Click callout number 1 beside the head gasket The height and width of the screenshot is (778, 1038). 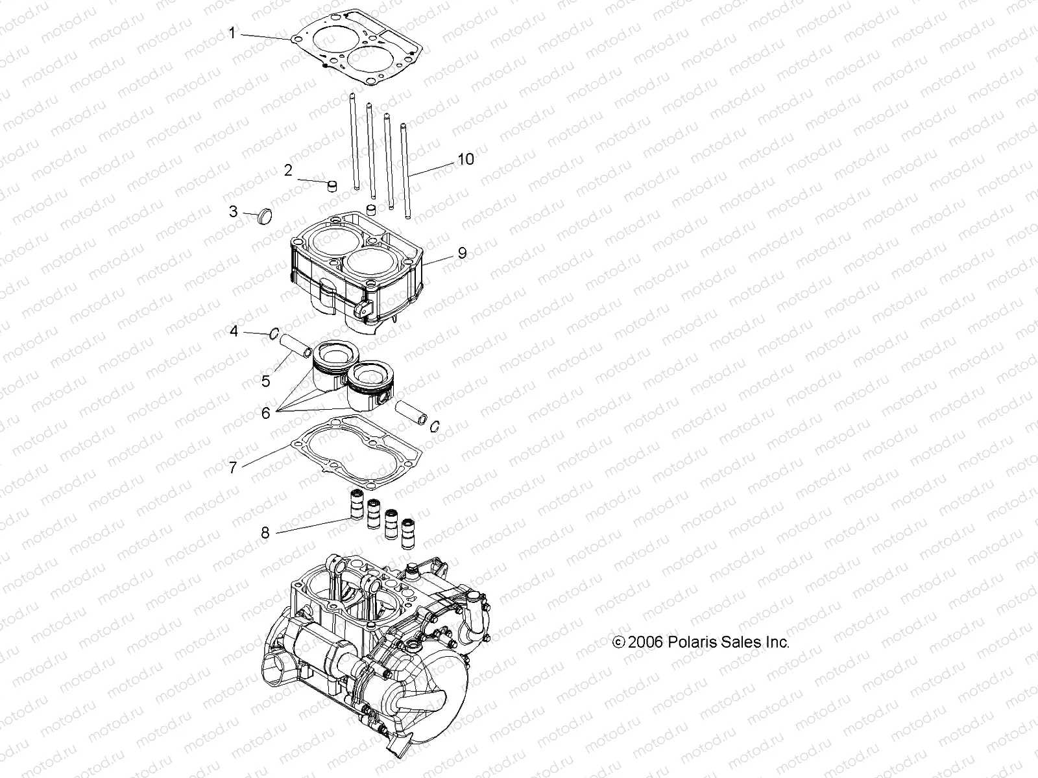(233, 33)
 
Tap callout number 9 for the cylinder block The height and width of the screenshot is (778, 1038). (462, 253)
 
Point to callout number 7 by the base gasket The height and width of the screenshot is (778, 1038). (233, 467)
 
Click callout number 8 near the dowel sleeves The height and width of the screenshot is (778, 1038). (265, 533)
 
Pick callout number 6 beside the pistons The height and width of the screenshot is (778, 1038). (265, 412)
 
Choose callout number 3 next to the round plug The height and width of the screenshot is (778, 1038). (233, 211)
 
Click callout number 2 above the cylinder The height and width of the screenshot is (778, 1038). (288, 171)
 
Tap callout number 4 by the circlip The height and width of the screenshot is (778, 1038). (233, 331)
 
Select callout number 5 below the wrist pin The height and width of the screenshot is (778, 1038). (265, 381)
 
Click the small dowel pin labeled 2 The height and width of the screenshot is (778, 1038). (332, 186)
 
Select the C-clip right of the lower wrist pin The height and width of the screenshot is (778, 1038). (435, 425)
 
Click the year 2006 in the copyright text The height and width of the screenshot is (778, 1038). (646, 642)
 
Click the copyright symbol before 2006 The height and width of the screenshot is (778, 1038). (619, 642)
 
